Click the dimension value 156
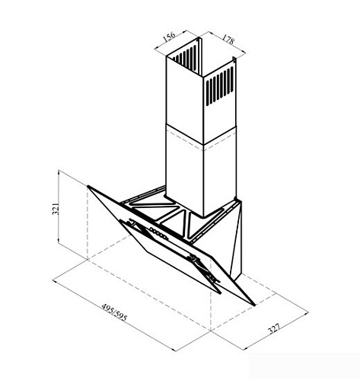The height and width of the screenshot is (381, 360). [x=169, y=37]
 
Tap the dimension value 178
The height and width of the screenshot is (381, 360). [x=228, y=39]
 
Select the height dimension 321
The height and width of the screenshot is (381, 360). [x=56, y=209]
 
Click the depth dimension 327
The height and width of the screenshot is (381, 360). [x=274, y=328]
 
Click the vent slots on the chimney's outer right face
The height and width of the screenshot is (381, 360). [x=220, y=86]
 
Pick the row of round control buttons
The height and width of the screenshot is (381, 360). [x=159, y=233]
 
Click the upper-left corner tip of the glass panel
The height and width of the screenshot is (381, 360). [x=88, y=187]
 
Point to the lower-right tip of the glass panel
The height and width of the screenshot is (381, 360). [x=253, y=304]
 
